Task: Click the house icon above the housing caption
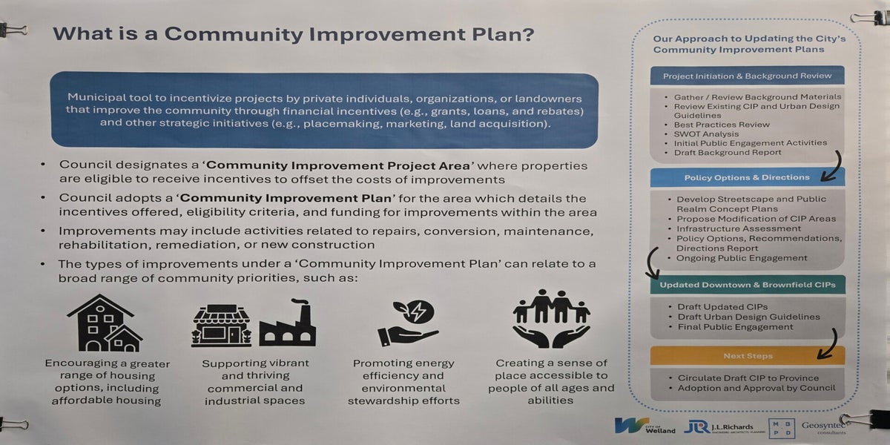tap(105, 323)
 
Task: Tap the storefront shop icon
tap(221, 326)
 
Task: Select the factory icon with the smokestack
tap(288, 323)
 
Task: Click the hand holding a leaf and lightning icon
tap(408, 323)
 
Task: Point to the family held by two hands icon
tap(551, 319)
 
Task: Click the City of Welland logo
tap(645, 426)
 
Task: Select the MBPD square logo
tap(782, 429)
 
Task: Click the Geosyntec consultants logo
tap(823, 427)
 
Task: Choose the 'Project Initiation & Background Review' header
tap(747, 76)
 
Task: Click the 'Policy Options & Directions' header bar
tap(747, 177)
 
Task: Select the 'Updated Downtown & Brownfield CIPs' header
tap(748, 285)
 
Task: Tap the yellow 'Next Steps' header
tap(748, 356)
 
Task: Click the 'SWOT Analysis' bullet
tap(706, 134)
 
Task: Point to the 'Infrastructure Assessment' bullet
tap(739, 229)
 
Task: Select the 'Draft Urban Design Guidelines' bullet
tap(748, 317)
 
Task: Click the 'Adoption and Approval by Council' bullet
tap(756, 388)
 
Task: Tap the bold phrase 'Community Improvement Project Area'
tap(338, 165)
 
